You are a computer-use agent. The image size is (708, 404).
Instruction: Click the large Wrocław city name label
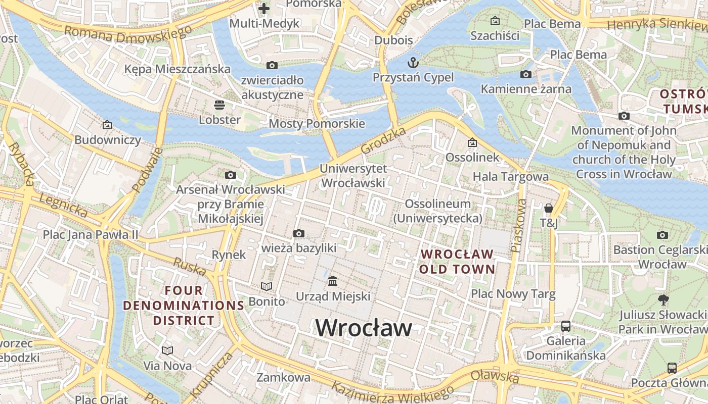click(x=364, y=328)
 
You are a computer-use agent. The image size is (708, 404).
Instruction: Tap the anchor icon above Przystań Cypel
click(x=413, y=63)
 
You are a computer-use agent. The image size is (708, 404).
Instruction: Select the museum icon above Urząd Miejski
click(x=333, y=281)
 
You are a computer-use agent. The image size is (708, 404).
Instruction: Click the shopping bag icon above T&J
click(x=549, y=208)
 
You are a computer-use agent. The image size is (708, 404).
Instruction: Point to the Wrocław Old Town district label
click(x=457, y=261)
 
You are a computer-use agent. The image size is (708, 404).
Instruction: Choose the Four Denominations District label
click(x=184, y=305)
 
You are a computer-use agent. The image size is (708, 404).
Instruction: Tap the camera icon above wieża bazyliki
click(x=299, y=233)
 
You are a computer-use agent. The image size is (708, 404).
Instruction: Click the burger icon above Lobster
click(x=219, y=105)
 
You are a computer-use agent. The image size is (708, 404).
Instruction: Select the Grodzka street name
click(x=384, y=141)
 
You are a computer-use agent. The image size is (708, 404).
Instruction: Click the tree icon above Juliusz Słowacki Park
click(x=663, y=300)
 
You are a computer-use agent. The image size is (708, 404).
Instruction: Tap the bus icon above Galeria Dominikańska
click(x=566, y=326)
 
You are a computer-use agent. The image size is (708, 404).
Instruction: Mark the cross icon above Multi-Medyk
click(x=264, y=8)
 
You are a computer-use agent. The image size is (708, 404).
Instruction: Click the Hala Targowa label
click(x=510, y=176)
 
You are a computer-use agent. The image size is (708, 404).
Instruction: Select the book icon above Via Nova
click(x=167, y=350)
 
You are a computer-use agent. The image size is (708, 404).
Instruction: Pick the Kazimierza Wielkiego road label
click(x=392, y=393)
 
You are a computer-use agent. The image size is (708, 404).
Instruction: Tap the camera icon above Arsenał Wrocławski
click(x=231, y=175)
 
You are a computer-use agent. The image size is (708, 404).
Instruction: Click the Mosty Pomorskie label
click(x=317, y=124)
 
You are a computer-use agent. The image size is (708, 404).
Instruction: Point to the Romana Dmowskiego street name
click(x=128, y=34)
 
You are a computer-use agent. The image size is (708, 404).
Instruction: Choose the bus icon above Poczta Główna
click(x=672, y=368)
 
